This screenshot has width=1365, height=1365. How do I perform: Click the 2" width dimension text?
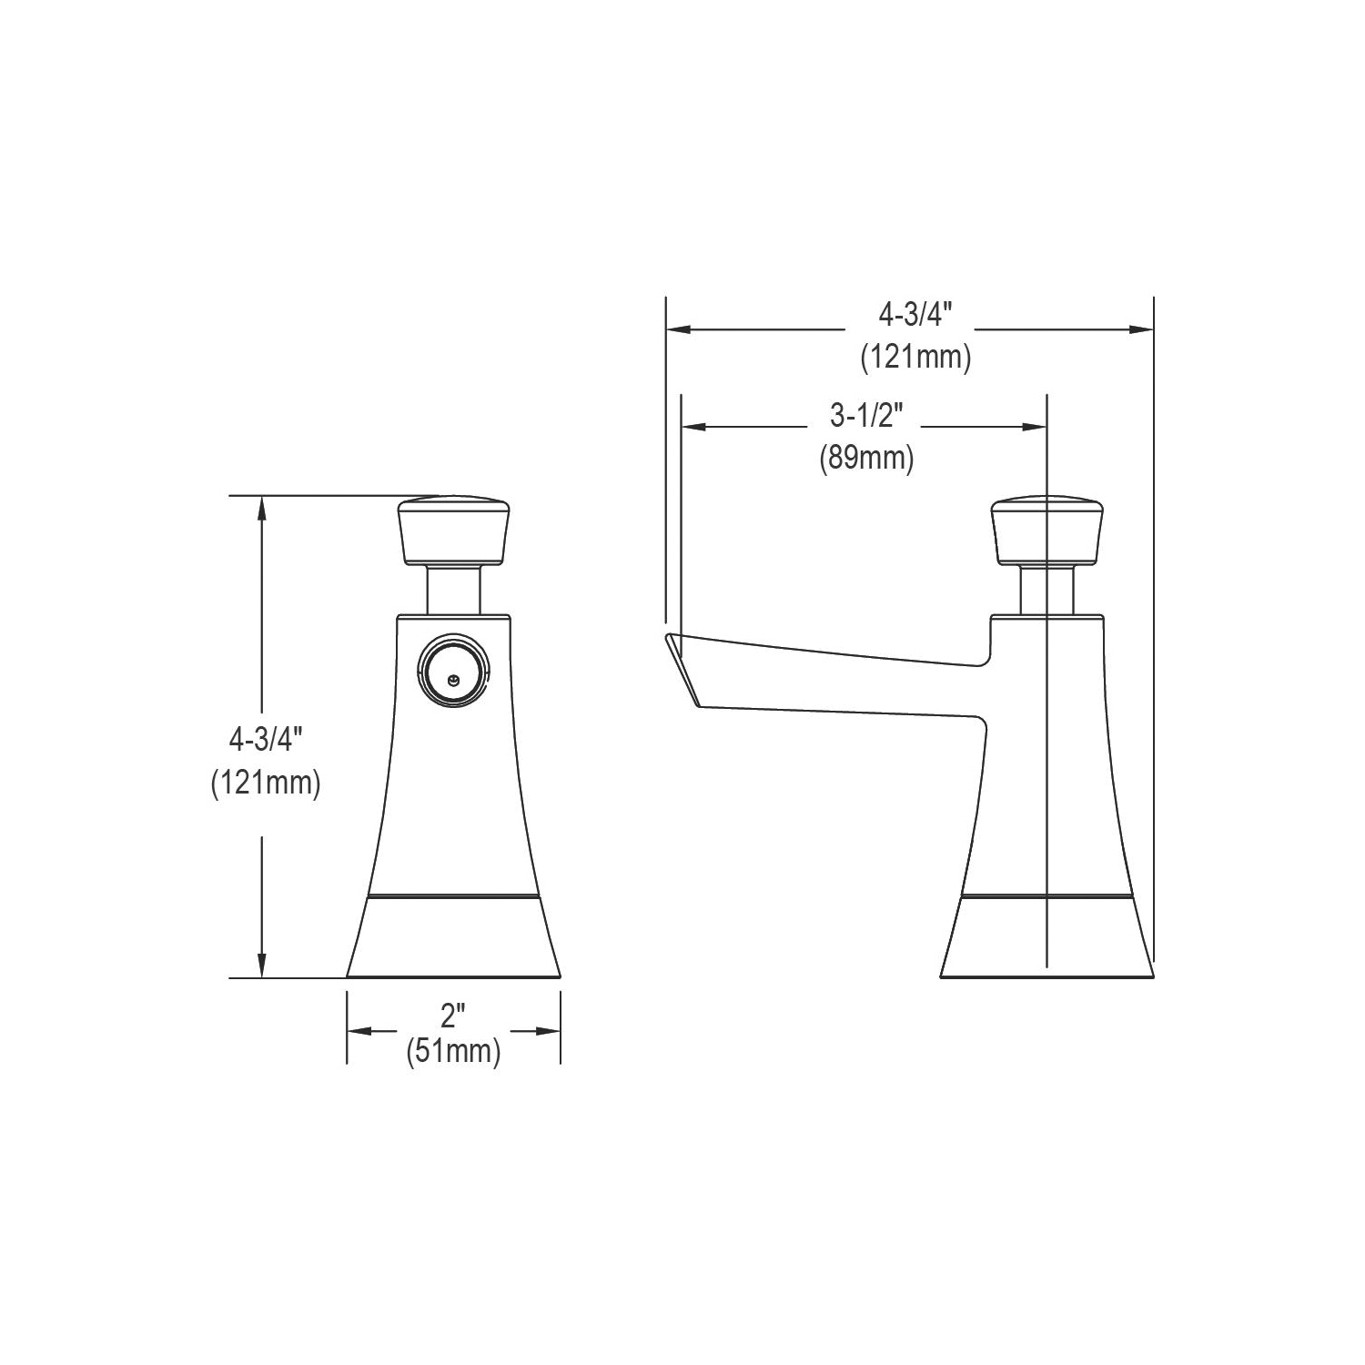click(x=452, y=1016)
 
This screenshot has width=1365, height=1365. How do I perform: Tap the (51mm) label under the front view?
click(x=453, y=1051)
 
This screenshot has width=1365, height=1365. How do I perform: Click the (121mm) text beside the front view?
click(x=266, y=782)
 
